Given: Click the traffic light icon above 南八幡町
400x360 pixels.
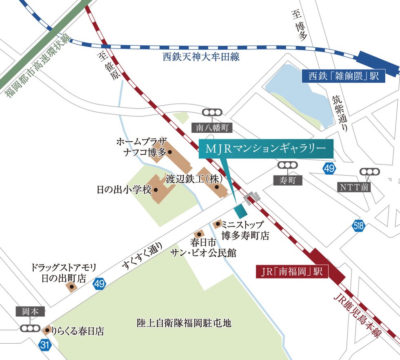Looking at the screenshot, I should (212, 113).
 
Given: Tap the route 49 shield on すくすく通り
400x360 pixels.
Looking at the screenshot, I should (99, 284).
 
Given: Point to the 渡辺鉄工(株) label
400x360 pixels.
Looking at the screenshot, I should (193, 178).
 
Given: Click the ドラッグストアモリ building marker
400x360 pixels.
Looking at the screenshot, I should (72, 287).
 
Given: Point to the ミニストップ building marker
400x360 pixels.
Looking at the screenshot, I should (218, 224).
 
